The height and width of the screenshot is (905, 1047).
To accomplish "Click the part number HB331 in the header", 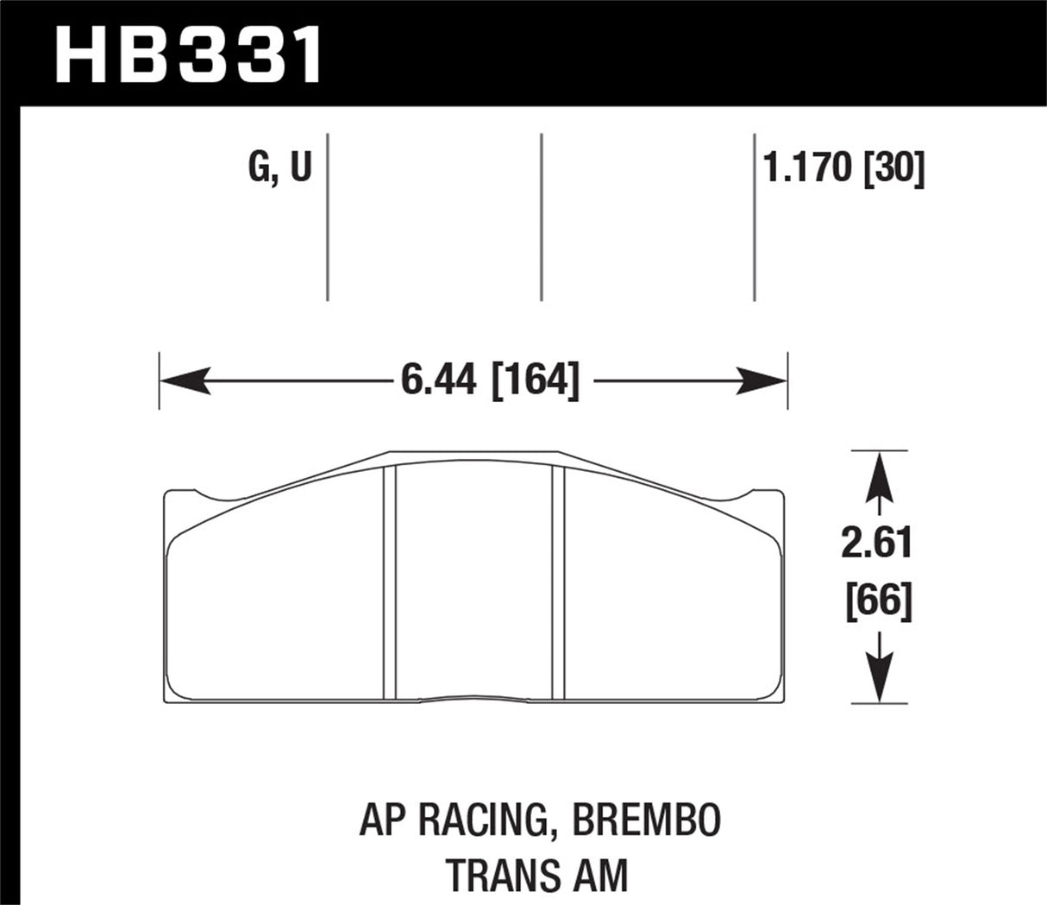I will tap(189, 54).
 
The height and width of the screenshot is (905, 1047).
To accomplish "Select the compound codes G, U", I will tap(279, 167).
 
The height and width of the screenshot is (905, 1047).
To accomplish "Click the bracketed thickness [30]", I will tap(893, 167).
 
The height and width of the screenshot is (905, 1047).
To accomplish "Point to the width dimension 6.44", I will tap(438, 380).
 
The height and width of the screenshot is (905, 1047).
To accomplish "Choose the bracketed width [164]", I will tap(535, 380).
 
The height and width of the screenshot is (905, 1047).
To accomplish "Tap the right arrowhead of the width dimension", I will tap(762, 380).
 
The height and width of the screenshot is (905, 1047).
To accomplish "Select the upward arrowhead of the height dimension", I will tap(879, 474).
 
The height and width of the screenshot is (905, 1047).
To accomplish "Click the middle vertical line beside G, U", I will tap(542, 217).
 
